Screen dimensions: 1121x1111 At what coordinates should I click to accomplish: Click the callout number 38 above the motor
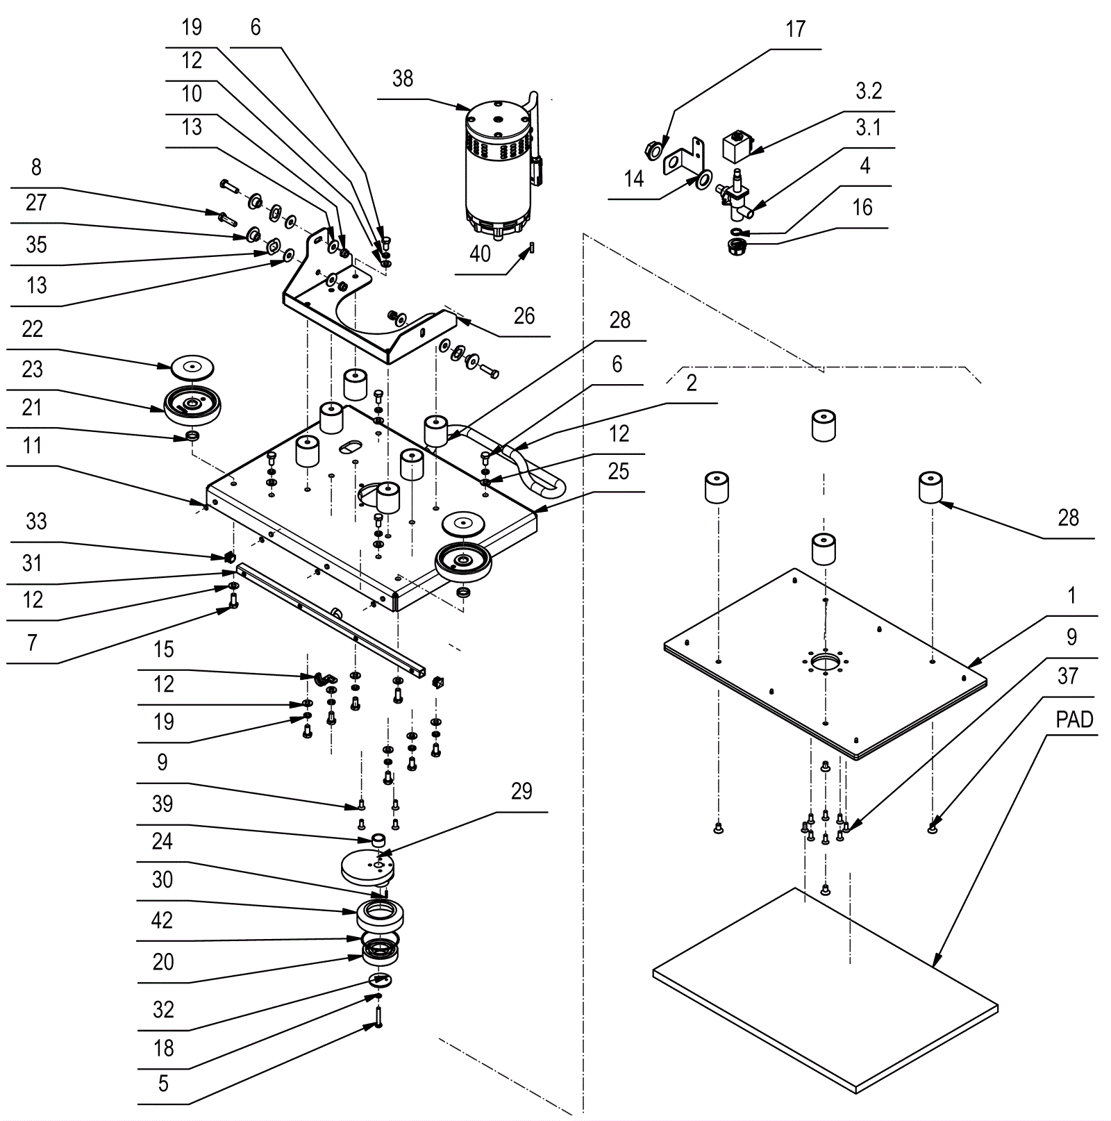(x=403, y=78)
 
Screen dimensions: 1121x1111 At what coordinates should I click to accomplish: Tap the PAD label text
(x=1074, y=720)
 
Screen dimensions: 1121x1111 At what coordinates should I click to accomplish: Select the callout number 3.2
(x=869, y=91)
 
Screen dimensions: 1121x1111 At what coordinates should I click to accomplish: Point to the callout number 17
(x=795, y=29)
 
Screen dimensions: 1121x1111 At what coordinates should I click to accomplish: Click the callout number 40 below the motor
(x=480, y=254)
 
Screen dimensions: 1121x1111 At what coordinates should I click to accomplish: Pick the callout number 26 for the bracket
(x=524, y=316)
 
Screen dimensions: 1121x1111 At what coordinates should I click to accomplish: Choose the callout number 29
(x=521, y=791)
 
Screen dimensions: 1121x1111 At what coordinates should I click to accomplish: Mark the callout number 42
(x=162, y=920)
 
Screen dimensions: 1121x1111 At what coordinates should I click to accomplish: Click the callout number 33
(x=36, y=522)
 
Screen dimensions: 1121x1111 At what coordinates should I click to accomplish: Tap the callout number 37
(x=1068, y=676)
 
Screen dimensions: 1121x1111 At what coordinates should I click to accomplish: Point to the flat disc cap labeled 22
(x=192, y=367)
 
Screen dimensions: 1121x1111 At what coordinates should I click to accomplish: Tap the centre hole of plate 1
(x=825, y=661)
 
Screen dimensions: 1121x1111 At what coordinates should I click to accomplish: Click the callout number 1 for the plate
(x=1071, y=596)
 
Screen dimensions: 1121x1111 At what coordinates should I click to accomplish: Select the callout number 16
(x=862, y=208)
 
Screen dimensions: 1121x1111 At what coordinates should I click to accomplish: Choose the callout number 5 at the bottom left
(x=163, y=1083)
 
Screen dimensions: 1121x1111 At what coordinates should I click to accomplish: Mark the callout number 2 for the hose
(x=692, y=383)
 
